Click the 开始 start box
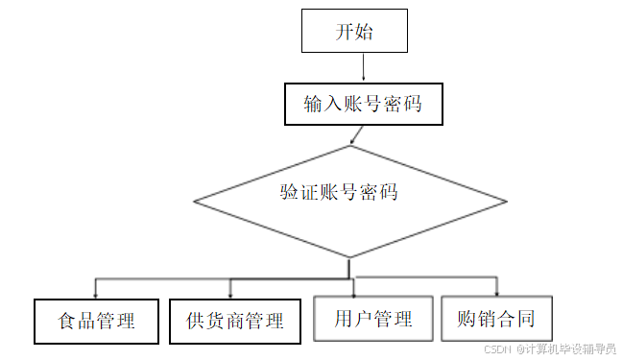(x=354, y=31)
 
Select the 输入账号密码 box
(x=363, y=104)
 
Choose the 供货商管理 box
(x=234, y=321)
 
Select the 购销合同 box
(x=496, y=319)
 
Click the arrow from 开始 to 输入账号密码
(x=363, y=67)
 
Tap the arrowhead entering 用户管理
(x=354, y=292)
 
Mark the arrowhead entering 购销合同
(x=496, y=292)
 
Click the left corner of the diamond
(x=195, y=202)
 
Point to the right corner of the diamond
(x=507, y=202)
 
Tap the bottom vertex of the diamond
(x=349, y=257)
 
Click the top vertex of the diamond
(x=349, y=146)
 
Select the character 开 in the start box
(x=345, y=32)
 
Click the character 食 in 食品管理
(x=66, y=321)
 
